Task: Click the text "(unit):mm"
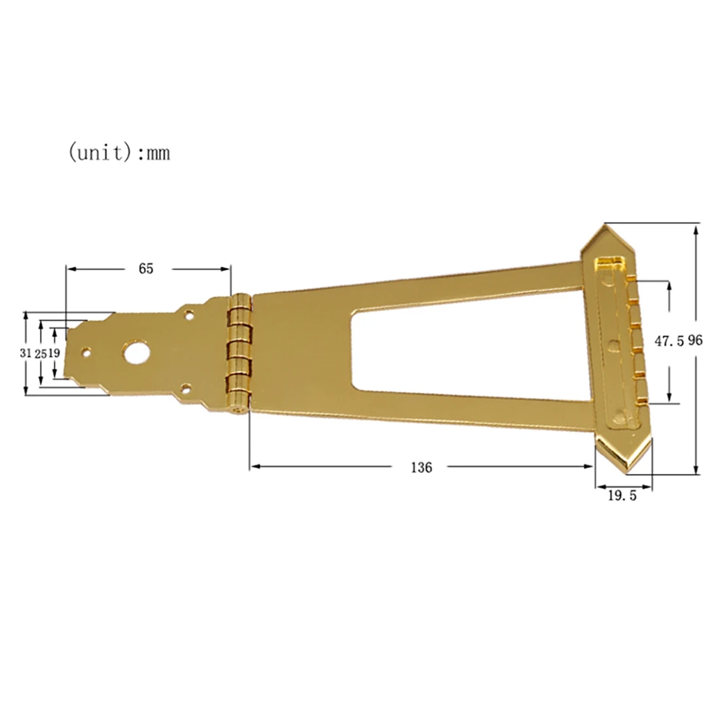(x=118, y=153)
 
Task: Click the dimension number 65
(x=145, y=268)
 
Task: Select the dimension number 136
(x=422, y=467)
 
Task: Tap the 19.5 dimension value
(x=622, y=495)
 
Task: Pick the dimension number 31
(x=27, y=352)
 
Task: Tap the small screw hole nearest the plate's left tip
(x=86, y=352)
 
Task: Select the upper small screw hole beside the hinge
(x=189, y=315)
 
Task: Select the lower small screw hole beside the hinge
(x=187, y=387)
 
